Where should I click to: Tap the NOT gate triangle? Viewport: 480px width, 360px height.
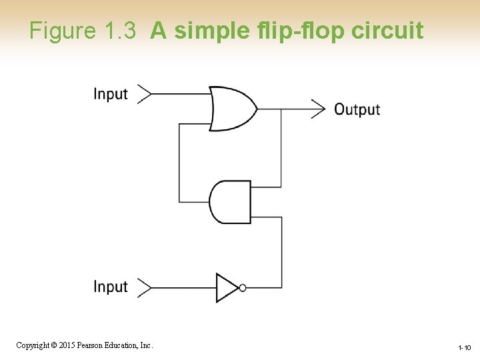click(227, 287)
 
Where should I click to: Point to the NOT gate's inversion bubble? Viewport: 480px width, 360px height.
click(243, 287)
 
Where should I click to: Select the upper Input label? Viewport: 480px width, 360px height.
click(111, 94)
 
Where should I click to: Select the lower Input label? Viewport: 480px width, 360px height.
click(111, 287)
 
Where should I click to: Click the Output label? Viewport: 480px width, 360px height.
click(357, 109)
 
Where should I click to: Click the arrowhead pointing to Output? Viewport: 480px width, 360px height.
click(318, 108)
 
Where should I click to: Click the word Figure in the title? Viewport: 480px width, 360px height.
click(63, 31)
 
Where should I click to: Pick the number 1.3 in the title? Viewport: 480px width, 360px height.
click(121, 31)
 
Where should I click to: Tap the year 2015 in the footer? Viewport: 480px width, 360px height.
click(67, 345)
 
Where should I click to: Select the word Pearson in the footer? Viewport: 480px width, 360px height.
click(91, 345)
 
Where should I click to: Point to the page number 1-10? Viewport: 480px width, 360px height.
click(464, 348)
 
